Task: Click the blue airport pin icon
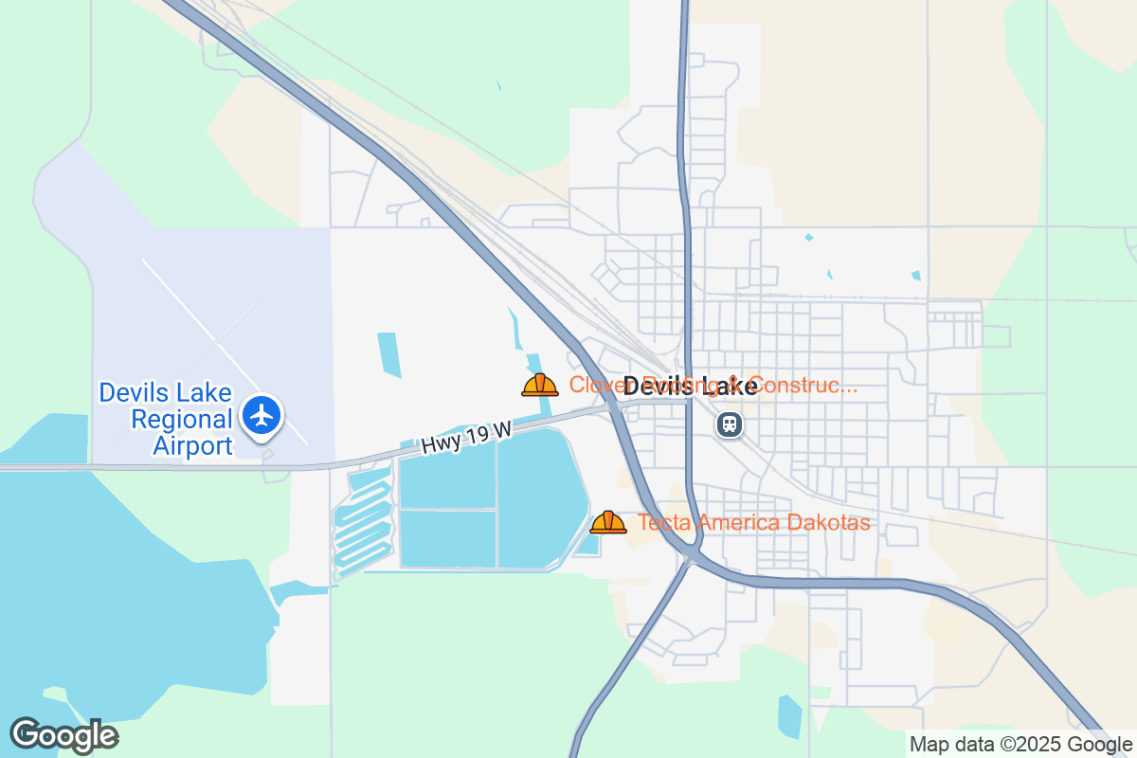[261, 415]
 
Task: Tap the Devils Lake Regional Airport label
[166, 419]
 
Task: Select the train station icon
[729, 424]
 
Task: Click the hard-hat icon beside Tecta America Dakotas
[607, 522]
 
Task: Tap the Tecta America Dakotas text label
[753, 522]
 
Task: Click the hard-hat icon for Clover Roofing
[539, 385]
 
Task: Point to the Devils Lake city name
[690, 386]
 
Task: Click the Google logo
[63, 735]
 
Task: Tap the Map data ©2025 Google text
[1020, 744]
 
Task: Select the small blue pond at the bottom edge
[789, 716]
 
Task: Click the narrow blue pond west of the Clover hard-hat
[388, 354]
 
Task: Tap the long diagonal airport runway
[224, 351]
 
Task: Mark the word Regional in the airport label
[181, 419]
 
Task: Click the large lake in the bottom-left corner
[114, 587]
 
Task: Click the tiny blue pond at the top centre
[498, 86]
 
